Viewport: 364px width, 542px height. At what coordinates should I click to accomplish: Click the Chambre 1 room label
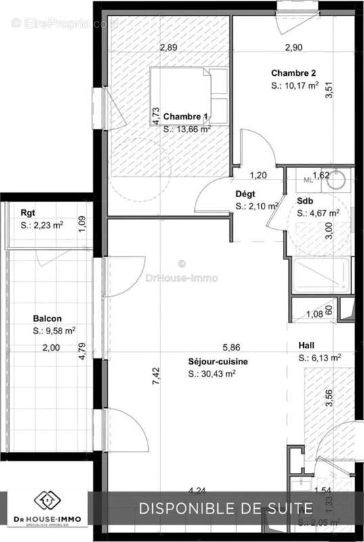185,117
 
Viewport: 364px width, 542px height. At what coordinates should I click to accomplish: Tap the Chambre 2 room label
294,73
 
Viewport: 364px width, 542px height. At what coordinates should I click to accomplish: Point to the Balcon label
47,318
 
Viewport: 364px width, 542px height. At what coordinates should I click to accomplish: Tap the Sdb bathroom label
305,201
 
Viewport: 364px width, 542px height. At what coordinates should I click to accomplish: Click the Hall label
306,345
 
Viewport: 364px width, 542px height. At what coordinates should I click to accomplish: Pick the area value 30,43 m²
212,373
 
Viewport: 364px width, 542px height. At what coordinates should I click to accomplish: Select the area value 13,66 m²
187,128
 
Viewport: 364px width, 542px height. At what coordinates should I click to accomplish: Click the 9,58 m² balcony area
54,331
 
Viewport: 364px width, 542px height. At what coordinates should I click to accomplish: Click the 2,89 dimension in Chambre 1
168,47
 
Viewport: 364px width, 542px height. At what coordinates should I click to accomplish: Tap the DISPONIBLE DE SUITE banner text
225,508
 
